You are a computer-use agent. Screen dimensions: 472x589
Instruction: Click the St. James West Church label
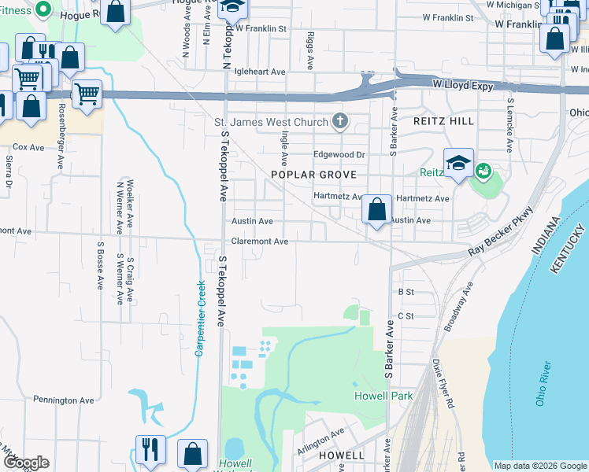(271, 122)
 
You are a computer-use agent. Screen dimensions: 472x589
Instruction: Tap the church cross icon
(340, 121)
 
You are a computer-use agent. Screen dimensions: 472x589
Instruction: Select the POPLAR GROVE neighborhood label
(313, 175)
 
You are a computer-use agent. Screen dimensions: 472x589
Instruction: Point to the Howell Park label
(383, 396)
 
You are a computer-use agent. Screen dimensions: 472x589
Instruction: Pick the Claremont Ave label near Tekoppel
(260, 242)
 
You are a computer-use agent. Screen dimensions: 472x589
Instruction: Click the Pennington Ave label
(65, 400)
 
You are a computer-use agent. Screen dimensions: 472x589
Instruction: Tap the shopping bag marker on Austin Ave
(377, 210)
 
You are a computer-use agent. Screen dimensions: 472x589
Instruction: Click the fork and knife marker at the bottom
(150, 449)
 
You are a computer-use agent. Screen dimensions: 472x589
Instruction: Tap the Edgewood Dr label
(340, 155)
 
